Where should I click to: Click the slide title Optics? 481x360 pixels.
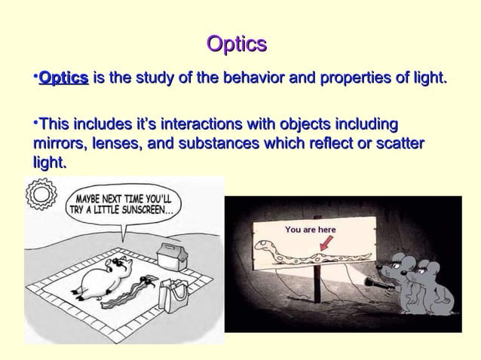[x=237, y=44]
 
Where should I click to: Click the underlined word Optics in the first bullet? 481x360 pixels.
[x=63, y=78]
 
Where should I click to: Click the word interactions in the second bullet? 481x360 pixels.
[x=186, y=124]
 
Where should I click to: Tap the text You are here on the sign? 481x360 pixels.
[x=311, y=229]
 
